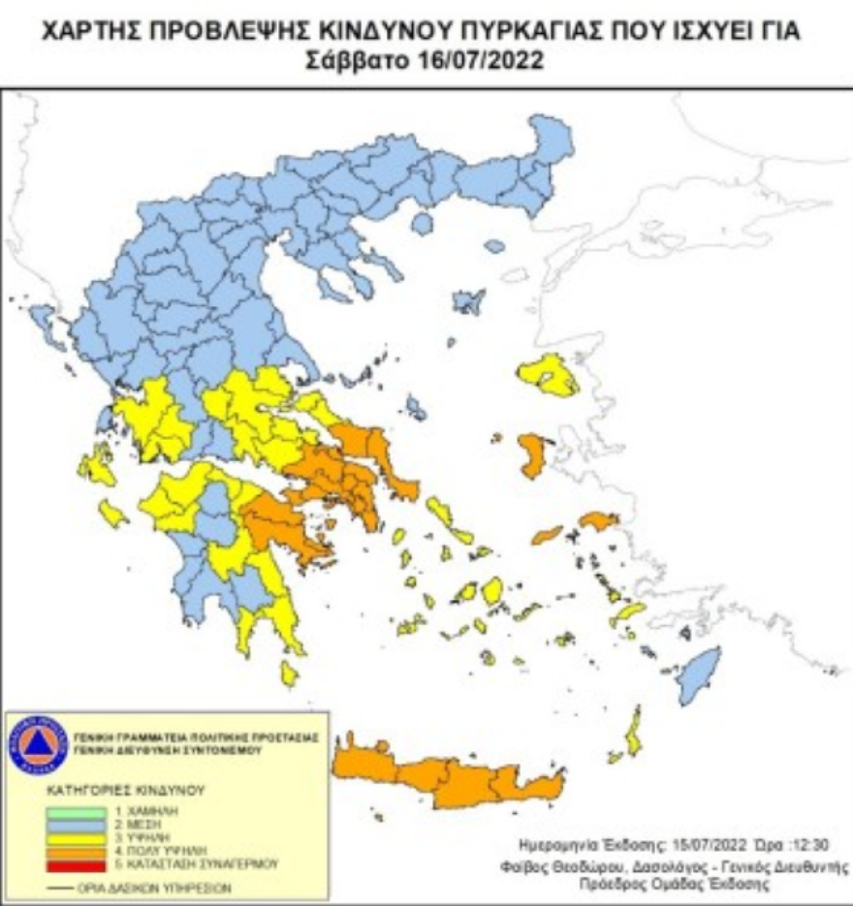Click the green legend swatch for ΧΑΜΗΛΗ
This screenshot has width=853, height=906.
tap(73, 809)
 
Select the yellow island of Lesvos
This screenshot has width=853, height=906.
tap(549, 376)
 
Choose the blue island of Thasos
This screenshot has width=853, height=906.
tap(422, 224)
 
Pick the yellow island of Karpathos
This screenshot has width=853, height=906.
tap(634, 731)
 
